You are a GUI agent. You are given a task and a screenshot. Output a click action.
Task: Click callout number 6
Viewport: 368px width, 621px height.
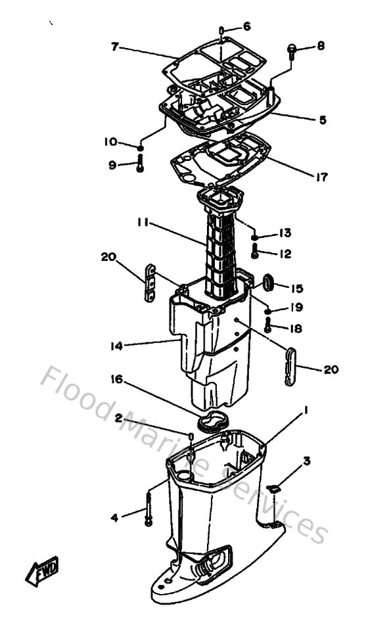tap(246, 26)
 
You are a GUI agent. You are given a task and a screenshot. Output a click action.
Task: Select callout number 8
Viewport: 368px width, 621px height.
tap(320, 46)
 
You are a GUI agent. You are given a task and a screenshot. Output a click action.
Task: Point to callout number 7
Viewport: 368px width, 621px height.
tap(115, 47)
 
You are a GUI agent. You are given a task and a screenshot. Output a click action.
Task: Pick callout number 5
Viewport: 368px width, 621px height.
tap(323, 120)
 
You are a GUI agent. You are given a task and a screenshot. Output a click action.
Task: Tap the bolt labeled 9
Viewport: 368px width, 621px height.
tap(139, 164)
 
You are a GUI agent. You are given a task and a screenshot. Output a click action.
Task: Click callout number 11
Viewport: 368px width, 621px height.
tap(143, 224)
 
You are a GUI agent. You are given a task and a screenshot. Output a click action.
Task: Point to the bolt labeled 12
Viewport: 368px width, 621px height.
tap(255, 250)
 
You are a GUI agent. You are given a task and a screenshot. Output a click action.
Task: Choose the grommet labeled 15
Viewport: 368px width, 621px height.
tap(267, 283)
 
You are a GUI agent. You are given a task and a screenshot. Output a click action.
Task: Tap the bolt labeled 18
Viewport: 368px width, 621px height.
tap(268, 324)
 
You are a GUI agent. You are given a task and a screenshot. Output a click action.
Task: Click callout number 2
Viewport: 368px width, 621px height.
tap(119, 418)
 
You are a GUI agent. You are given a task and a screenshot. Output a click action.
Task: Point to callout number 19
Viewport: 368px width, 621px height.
tap(295, 306)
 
